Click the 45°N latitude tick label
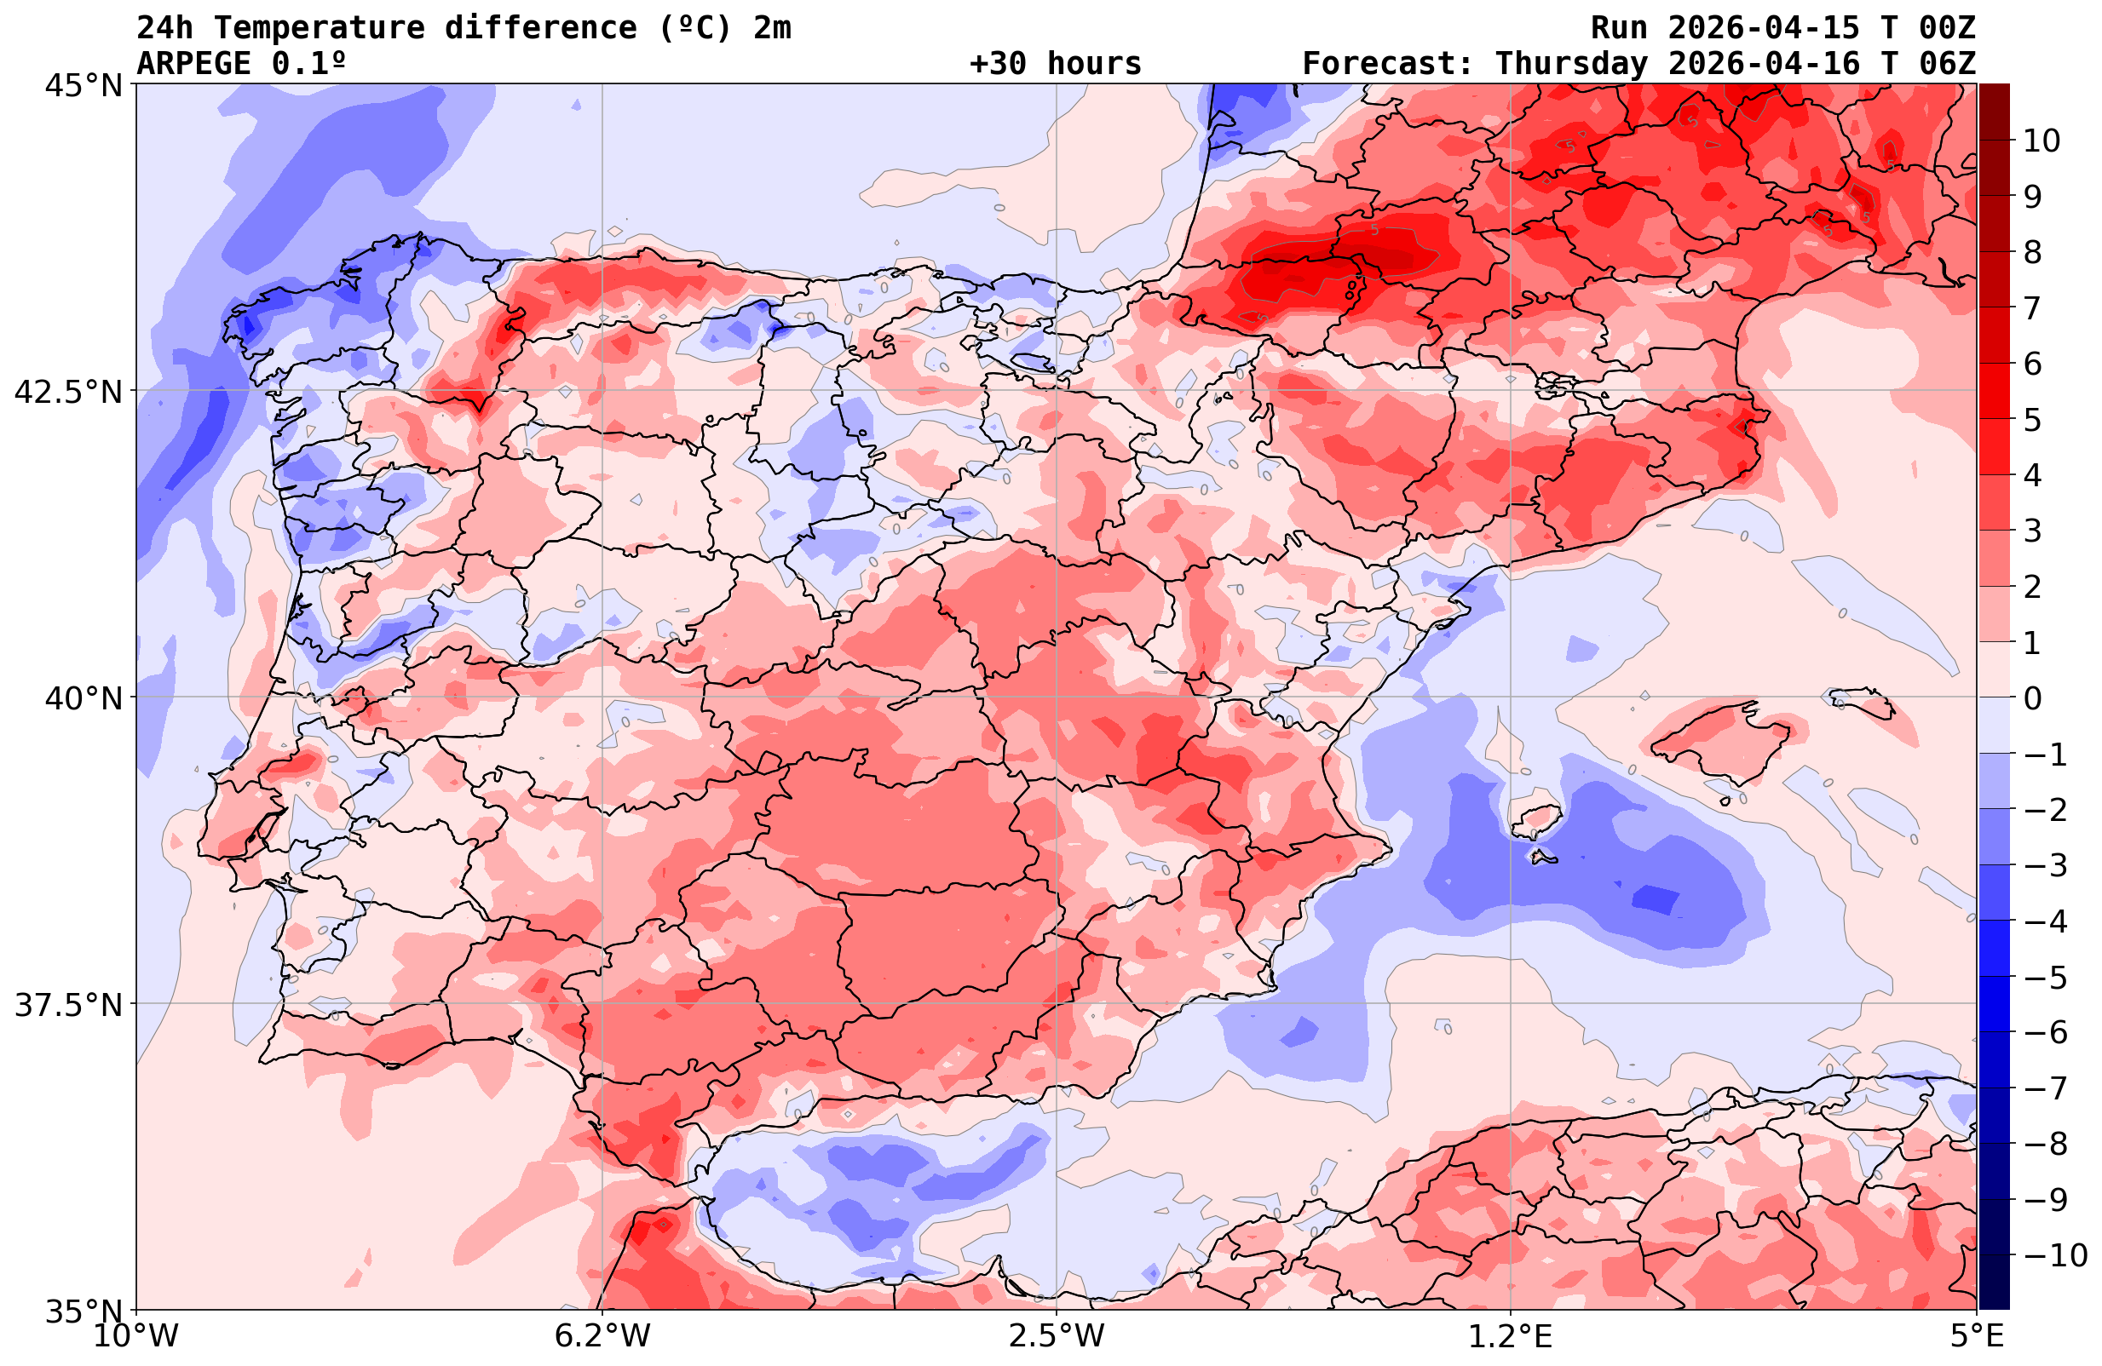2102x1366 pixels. coord(83,86)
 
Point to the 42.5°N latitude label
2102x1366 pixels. coord(68,391)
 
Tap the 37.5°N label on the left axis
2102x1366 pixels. coord(68,1005)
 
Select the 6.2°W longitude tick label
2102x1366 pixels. coord(602,1336)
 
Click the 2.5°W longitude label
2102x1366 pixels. coord(1057,1336)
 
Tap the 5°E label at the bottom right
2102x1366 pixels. coord(1977,1336)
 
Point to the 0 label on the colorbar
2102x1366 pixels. coord(2032,698)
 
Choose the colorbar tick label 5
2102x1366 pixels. coord(2032,420)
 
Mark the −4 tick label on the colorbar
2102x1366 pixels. coord(2044,921)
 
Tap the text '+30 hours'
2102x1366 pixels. coord(1055,64)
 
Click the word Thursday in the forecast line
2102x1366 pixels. coord(1571,64)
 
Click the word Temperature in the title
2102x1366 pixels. coord(319,28)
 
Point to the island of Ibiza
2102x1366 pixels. coord(1536,819)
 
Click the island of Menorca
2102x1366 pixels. coord(1866,703)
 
